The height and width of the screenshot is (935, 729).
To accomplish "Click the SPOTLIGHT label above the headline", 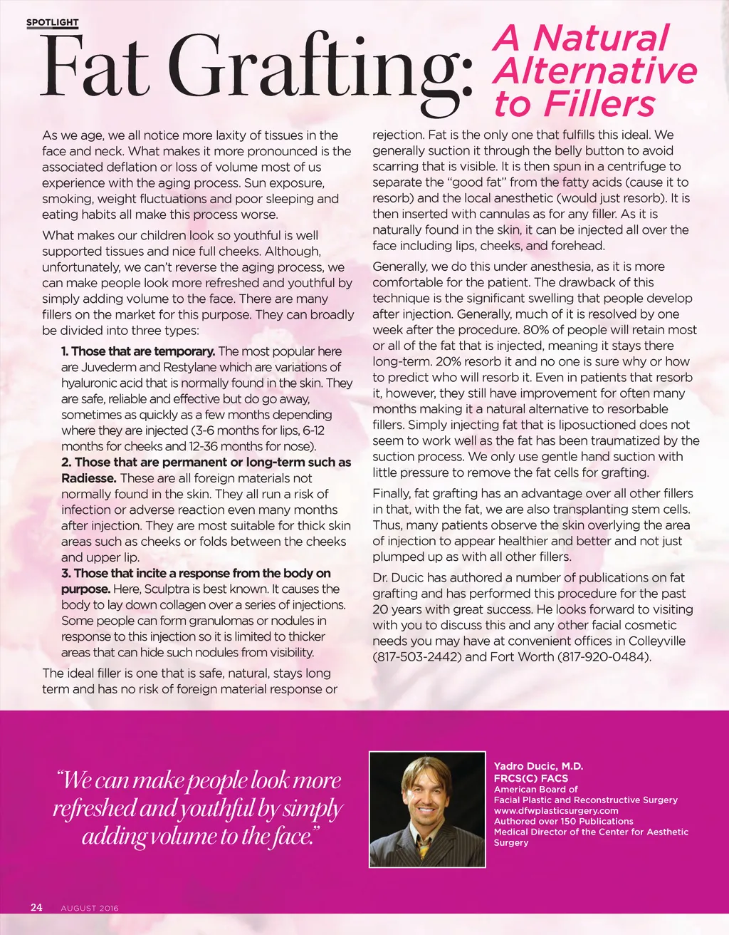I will pyautogui.click(x=52, y=23).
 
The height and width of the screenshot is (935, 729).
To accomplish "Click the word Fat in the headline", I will pyautogui.click(x=93, y=67).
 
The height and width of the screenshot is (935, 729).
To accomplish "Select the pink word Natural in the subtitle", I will pyautogui.click(x=602, y=38).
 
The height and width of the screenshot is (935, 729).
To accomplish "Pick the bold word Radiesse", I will pyautogui.click(x=88, y=478).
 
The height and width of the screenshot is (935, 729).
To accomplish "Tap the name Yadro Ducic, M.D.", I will pyautogui.click(x=538, y=766).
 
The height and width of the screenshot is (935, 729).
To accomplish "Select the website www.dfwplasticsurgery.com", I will pyautogui.click(x=556, y=810).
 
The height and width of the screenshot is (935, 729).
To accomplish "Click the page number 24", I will pyautogui.click(x=36, y=907).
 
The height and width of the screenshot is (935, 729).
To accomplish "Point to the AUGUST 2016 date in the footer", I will pyautogui.click(x=90, y=908).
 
